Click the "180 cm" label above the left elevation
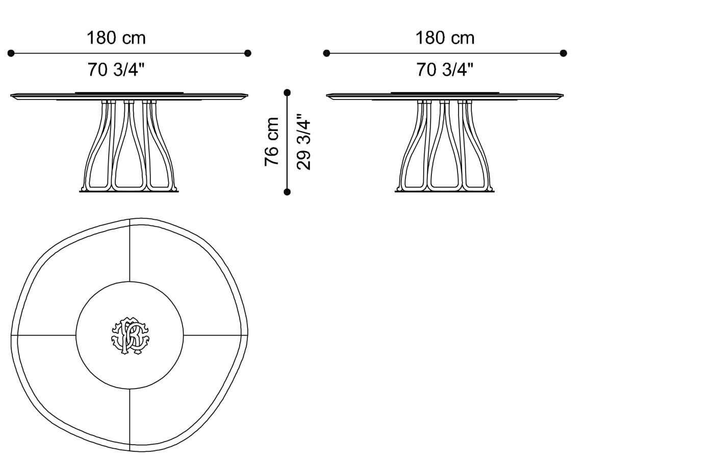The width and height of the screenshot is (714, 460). pyautogui.click(x=116, y=38)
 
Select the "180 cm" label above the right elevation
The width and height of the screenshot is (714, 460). pyautogui.click(x=445, y=38)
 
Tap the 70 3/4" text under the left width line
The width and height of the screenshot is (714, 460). pyautogui.click(x=116, y=69)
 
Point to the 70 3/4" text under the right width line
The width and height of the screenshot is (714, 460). pyautogui.click(x=445, y=69)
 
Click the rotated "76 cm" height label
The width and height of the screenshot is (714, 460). pyautogui.click(x=272, y=142)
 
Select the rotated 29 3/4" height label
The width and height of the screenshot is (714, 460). pyautogui.click(x=303, y=142)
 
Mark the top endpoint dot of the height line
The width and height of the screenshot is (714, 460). pyautogui.click(x=287, y=93)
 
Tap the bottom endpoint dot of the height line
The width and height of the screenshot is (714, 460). pyautogui.click(x=287, y=192)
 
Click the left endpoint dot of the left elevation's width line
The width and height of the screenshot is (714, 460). pyautogui.click(x=11, y=53)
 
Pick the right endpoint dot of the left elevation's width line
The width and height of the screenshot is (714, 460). pyautogui.click(x=248, y=53)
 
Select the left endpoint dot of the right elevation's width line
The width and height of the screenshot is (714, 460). pyautogui.click(x=327, y=53)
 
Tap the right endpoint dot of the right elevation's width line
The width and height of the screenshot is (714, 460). pyautogui.click(x=564, y=53)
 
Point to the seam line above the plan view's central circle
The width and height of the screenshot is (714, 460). pyautogui.click(x=130, y=250)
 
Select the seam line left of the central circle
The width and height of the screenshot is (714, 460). pyautogui.click(x=46, y=335)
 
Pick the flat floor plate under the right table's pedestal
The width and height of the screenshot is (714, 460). pyautogui.click(x=445, y=191)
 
